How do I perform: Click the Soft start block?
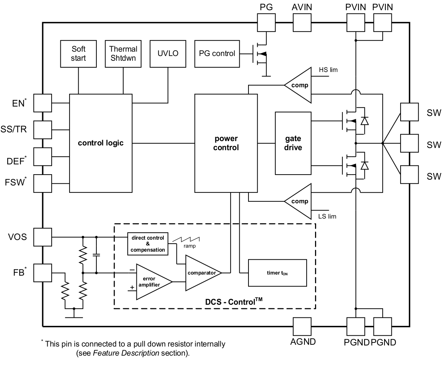point(78,53)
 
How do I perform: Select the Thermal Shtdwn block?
point(123,53)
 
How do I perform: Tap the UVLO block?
point(168,53)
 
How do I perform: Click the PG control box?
point(217,53)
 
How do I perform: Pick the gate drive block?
point(293,143)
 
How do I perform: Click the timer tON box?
point(277,273)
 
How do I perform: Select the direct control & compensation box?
point(148,244)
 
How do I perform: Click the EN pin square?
point(43,103)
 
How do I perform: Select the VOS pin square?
point(43,237)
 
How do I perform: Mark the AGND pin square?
point(302,327)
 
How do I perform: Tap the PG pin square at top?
point(267,23)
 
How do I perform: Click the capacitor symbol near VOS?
point(96,255)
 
